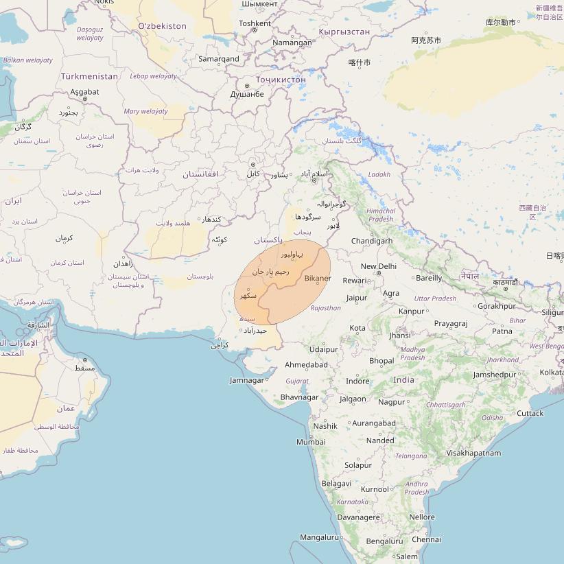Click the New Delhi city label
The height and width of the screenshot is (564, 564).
coord(379,266)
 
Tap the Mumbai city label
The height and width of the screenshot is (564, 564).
coord(311,442)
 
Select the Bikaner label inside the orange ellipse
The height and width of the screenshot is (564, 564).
coord(318,278)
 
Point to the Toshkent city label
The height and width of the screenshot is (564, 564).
coord(255,23)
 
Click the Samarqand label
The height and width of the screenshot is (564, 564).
coord(219,59)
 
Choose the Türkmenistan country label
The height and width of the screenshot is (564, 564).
coord(89,75)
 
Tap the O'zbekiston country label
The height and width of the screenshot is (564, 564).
coord(162,26)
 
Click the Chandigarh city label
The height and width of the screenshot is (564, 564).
coord(372,241)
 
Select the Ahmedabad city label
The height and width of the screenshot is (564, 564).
coord(306,364)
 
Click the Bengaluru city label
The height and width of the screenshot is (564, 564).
coord(385,541)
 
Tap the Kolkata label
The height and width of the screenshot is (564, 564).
coord(552,372)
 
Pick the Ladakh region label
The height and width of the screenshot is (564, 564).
coord(379,174)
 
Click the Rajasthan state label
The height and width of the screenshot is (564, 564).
coord(325,308)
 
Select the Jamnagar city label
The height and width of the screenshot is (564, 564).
coord(247,380)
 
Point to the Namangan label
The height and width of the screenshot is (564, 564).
coord(292,43)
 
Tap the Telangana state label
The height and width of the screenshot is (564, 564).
coord(411,456)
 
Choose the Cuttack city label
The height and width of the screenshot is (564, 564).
coord(530,413)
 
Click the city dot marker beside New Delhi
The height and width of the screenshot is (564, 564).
coord(378,273)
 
